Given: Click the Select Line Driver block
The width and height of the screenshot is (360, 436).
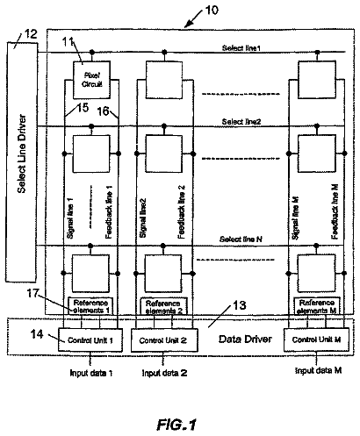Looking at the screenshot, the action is point(22,162).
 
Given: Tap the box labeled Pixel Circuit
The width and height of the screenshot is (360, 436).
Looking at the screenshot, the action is point(91,80).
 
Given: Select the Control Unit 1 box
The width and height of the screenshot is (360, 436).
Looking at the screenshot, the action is point(90,340).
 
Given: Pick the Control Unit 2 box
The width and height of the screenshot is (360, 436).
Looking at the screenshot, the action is point(164,340).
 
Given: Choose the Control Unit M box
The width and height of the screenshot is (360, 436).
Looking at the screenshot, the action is point(316,340).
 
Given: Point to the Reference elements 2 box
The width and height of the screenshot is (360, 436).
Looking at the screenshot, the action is point(163,307).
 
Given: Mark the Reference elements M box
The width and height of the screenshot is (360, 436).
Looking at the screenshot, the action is point(317,306).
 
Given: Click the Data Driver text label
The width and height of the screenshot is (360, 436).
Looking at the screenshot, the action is point(245,339).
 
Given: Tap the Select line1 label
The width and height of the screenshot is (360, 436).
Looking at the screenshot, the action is point(241,48).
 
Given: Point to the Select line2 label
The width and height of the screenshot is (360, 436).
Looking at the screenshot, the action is point(241,122).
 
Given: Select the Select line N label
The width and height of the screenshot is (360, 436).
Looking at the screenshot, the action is point(241,239).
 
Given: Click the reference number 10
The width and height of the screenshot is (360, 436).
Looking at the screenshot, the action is point(212,11).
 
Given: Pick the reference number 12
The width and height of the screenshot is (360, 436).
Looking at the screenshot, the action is point(31,34).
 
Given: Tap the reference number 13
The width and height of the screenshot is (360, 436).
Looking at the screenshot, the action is point(240,305).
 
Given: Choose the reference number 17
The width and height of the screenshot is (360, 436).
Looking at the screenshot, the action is point(32,293).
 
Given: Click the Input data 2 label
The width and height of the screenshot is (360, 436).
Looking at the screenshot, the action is point(164,373).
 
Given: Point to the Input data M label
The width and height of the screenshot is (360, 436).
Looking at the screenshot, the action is point(319,370).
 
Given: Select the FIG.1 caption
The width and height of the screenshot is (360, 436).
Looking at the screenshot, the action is point(176,425).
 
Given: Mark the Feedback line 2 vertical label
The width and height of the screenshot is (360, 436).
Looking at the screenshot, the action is point(182,211).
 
